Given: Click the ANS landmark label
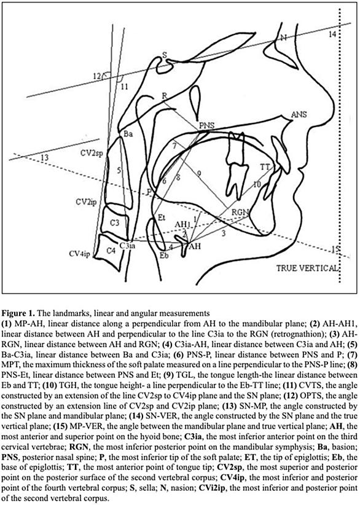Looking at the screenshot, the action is (299, 114).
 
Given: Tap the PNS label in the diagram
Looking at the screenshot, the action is (206, 125).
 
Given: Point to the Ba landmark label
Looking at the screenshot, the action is (128, 135).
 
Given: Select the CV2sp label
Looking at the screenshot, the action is (92, 154).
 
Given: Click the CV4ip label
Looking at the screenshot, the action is (80, 254).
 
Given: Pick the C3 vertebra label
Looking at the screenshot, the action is (115, 222).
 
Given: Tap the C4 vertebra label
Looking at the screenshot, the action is (111, 250).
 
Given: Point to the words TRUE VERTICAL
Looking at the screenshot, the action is (307, 268).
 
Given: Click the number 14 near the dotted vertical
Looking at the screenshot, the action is (332, 34).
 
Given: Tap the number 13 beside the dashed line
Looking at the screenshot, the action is (45, 157).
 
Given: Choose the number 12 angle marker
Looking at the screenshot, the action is (97, 76).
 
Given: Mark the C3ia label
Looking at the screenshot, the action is (127, 246).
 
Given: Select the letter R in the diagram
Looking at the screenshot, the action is (165, 96).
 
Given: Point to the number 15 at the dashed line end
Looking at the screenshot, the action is (335, 249).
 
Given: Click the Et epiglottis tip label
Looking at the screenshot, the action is (162, 217).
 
